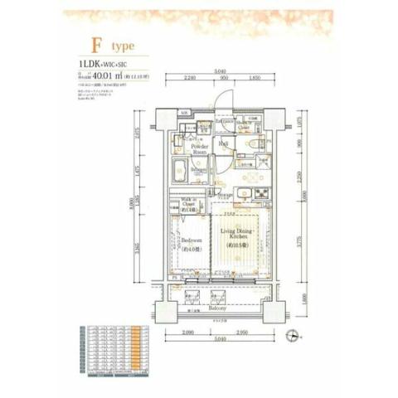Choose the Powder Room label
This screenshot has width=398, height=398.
point(200,149)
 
